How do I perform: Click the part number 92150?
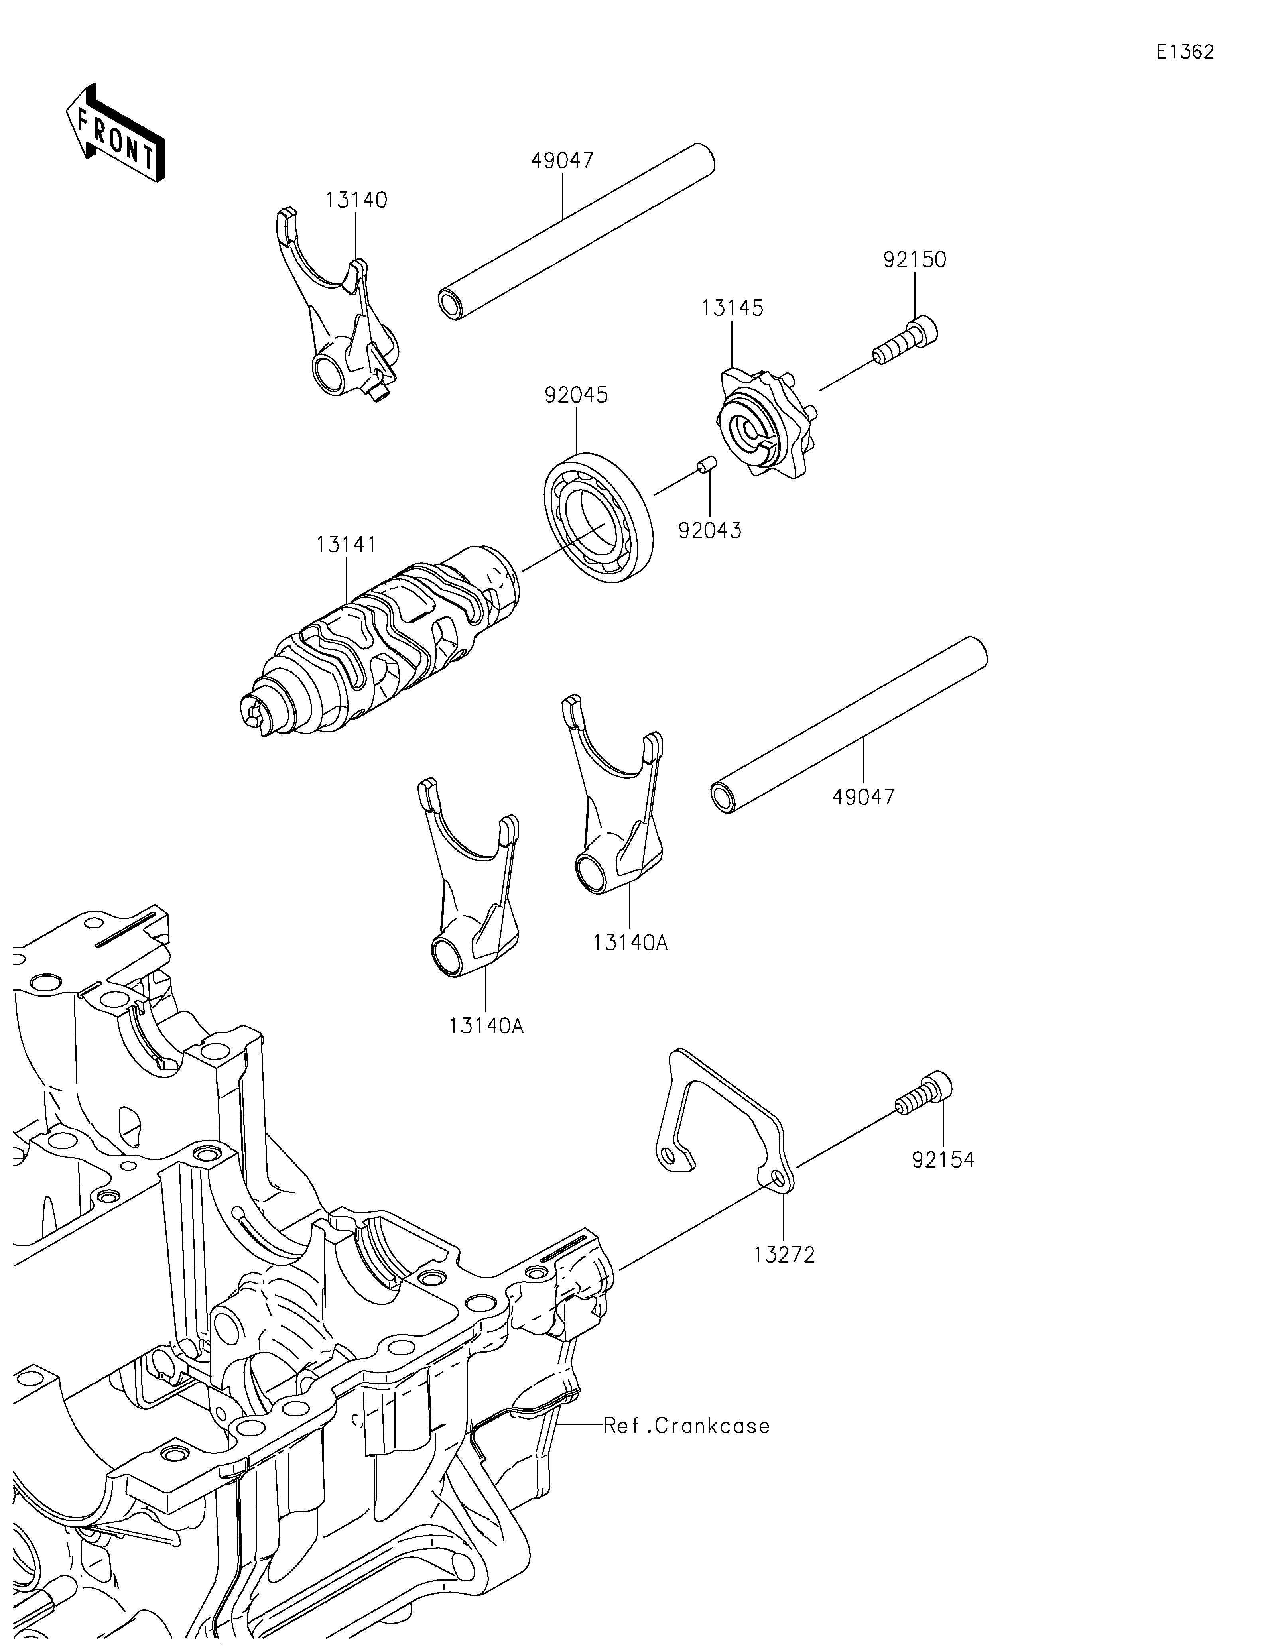tap(915, 260)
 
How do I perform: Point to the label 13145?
tap(732, 308)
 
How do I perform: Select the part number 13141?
tap(347, 544)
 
